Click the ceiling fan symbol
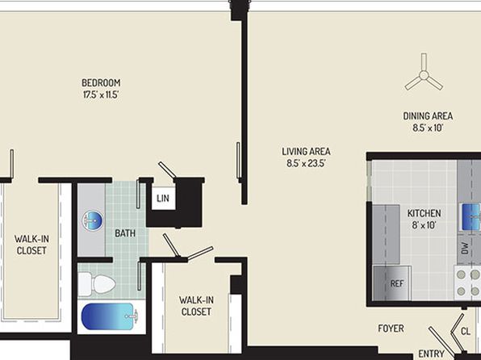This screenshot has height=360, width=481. (424, 75)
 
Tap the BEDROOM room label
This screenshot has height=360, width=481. (101, 83)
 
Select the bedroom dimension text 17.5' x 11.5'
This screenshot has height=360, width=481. (101, 94)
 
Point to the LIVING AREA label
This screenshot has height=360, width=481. (306, 151)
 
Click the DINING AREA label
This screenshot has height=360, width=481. (428, 116)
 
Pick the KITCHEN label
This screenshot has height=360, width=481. (424, 213)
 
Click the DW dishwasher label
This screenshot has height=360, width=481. (465, 248)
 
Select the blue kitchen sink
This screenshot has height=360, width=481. (471, 216)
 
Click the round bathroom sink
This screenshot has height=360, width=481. (93, 220)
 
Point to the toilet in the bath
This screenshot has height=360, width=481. (96, 284)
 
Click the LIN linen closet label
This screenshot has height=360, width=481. (163, 199)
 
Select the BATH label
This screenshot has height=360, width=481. (125, 233)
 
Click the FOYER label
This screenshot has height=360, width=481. (391, 329)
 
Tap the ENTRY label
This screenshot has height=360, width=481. (431, 354)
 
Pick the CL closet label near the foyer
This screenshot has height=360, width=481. (466, 332)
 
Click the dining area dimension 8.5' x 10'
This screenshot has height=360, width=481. (428, 128)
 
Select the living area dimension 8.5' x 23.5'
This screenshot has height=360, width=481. (306, 163)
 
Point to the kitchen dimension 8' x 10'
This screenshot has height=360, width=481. (424, 225)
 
